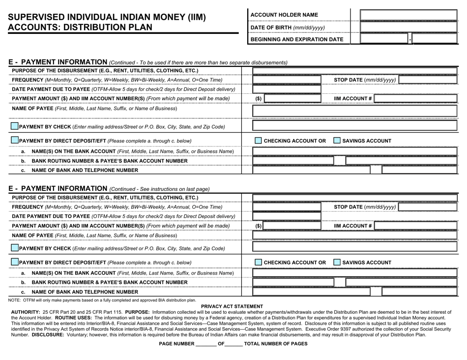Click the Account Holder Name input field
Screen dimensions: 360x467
click(409, 15)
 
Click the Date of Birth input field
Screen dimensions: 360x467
click(409, 27)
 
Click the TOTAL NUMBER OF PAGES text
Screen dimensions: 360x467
click(276, 344)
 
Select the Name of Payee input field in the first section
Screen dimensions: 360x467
click(354, 111)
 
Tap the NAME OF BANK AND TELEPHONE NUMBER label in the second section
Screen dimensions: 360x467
click(85, 292)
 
